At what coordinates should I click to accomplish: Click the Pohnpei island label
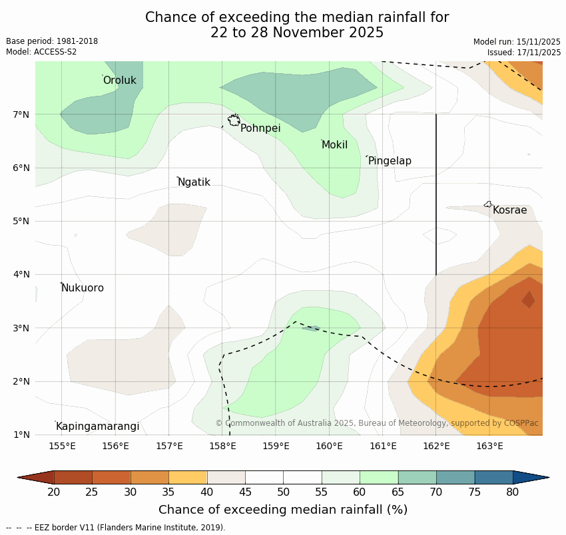click(260, 128)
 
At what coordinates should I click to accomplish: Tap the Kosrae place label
click(509, 210)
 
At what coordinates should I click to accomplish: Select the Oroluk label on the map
click(119, 81)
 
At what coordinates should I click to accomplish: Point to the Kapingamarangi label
click(97, 427)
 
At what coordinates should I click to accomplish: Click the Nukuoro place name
click(83, 288)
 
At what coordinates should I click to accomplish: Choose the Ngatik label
click(194, 182)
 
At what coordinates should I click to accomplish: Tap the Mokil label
click(334, 145)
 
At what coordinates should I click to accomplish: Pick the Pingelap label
click(390, 161)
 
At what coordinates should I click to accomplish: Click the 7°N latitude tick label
click(21, 114)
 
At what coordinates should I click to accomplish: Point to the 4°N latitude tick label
click(21, 274)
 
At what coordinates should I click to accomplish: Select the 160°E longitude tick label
click(330, 446)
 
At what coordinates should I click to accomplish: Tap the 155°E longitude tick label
click(62, 446)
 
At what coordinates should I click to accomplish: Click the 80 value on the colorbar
click(512, 492)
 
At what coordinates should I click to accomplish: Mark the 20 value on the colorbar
click(54, 492)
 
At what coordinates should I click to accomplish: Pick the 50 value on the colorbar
click(283, 492)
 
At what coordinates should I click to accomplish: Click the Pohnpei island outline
click(234, 120)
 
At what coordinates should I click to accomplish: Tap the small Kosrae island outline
click(488, 204)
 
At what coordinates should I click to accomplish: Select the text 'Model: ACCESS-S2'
click(41, 52)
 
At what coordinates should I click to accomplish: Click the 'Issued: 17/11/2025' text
click(524, 52)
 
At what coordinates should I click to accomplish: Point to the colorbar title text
click(283, 510)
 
